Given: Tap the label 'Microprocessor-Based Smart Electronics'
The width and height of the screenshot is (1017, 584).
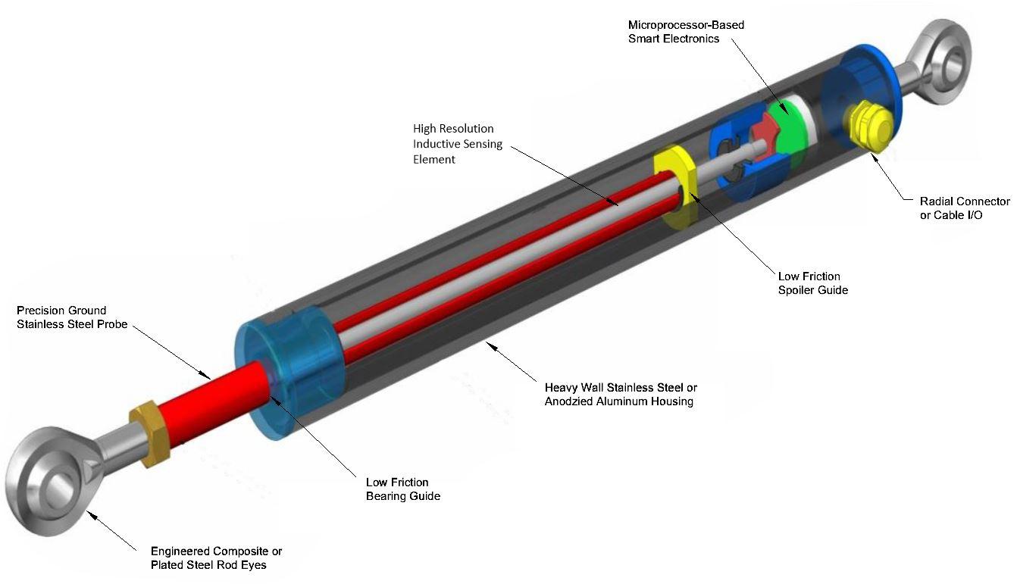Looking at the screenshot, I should coord(686,32).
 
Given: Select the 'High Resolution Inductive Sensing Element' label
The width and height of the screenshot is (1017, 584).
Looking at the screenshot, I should coord(457,144).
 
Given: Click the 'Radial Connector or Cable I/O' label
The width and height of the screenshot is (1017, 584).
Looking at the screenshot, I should coord(964,208).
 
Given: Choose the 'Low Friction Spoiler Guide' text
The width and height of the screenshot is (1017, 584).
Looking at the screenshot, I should coord(812,283).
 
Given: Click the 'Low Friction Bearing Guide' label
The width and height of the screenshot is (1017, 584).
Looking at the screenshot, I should coord(402,489).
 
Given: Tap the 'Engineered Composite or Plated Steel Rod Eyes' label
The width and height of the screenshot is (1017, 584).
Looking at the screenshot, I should coord(216,558).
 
